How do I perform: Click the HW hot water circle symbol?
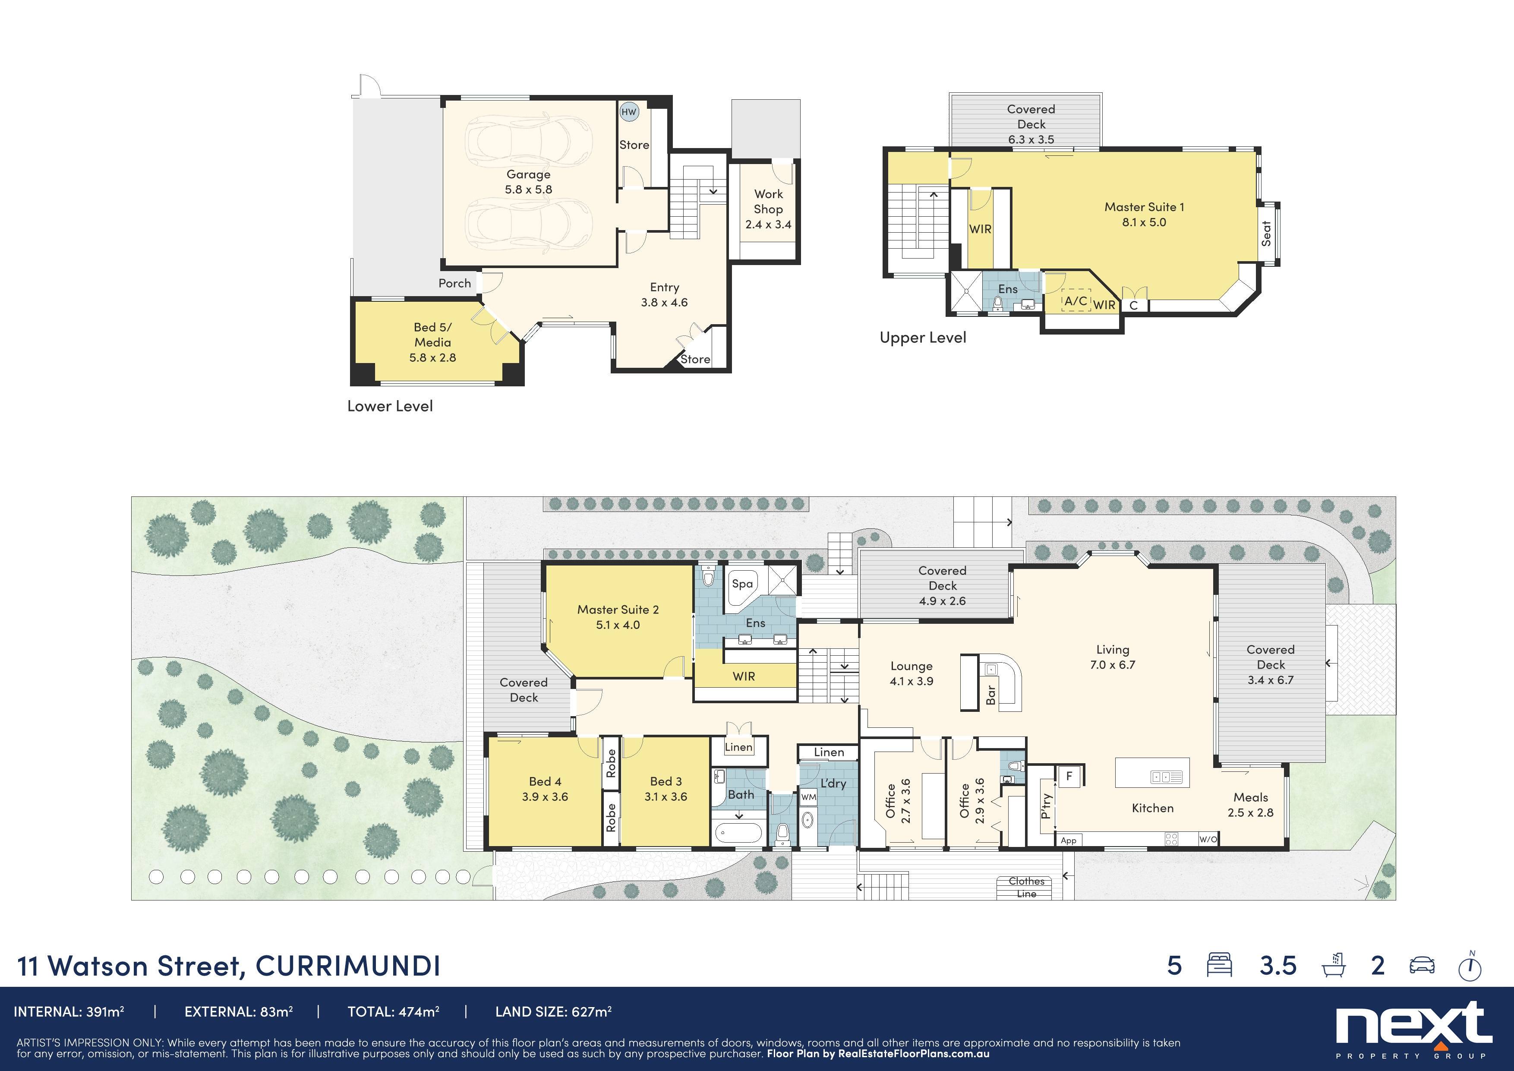pyautogui.click(x=628, y=111)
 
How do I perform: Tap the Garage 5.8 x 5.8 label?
pyautogui.click(x=528, y=181)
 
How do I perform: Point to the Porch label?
pyautogui.click(x=454, y=283)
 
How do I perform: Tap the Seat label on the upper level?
pyautogui.click(x=1266, y=234)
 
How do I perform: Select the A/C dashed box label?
pyautogui.click(x=1076, y=301)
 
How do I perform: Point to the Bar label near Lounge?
pyautogui.click(x=990, y=695)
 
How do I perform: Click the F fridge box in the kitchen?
pyautogui.click(x=1069, y=776)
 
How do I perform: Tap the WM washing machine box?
pyautogui.click(x=808, y=796)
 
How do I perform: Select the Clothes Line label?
pyautogui.click(x=1026, y=887)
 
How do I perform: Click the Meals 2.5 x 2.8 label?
pyautogui.click(x=1250, y=805)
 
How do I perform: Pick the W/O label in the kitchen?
pyautogui.click(x=1208, y=840)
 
